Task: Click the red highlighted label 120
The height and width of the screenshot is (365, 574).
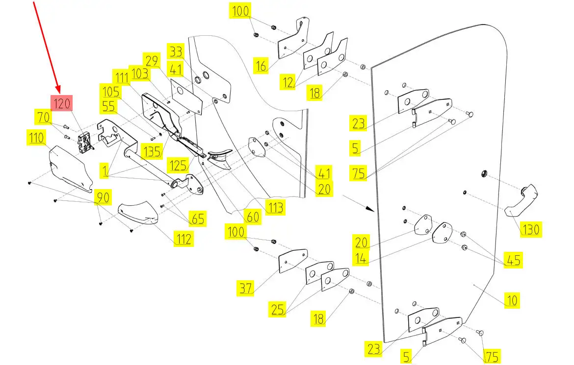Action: point(62,103)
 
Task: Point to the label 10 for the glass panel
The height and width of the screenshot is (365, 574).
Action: point(512,300)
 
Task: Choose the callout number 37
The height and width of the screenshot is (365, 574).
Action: point(246,288)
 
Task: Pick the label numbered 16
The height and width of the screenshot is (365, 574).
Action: point(262,65)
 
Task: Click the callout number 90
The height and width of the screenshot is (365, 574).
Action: point(102,197)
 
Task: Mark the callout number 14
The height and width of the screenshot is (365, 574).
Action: point(361,258)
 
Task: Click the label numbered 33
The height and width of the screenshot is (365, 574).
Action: point(175,51)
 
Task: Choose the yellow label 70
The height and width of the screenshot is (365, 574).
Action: point(43,118)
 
